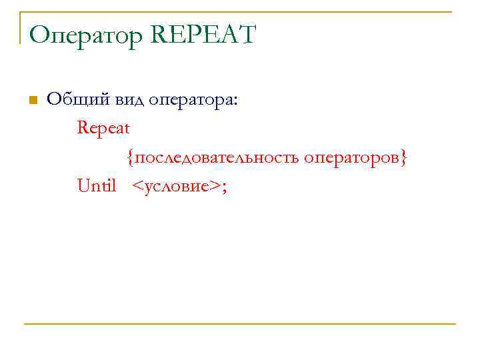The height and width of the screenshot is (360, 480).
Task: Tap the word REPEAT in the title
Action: point(204,35)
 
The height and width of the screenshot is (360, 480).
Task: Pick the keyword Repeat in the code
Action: point(103,127)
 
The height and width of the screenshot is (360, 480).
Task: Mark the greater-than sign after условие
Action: point(214,187)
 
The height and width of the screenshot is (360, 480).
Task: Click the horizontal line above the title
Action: point(240,11)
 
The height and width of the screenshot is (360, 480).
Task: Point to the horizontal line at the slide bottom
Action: point(240,324)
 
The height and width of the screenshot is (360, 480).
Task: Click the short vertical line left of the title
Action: point(21,27)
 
